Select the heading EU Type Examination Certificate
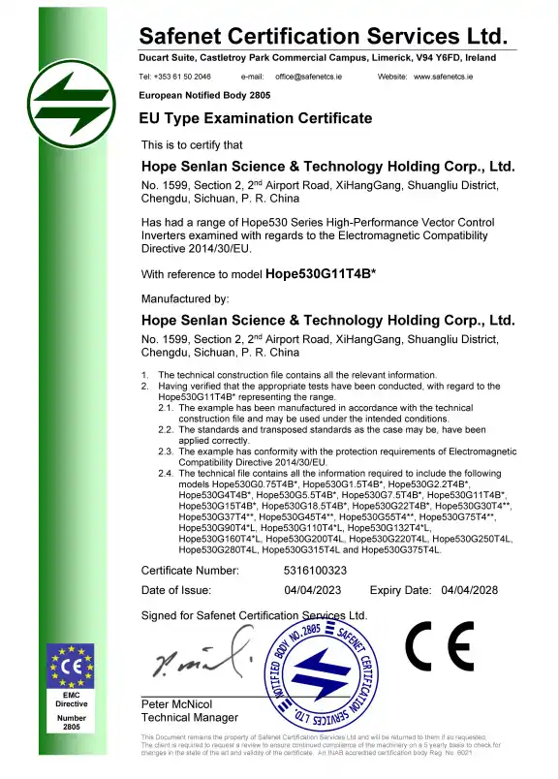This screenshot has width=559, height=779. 257,118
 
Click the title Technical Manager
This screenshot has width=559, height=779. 189,717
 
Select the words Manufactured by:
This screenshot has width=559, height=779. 185,298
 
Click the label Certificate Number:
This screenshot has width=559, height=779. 190,571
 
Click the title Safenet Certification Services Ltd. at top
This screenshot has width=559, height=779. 324,37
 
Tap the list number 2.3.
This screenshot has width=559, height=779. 166,451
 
